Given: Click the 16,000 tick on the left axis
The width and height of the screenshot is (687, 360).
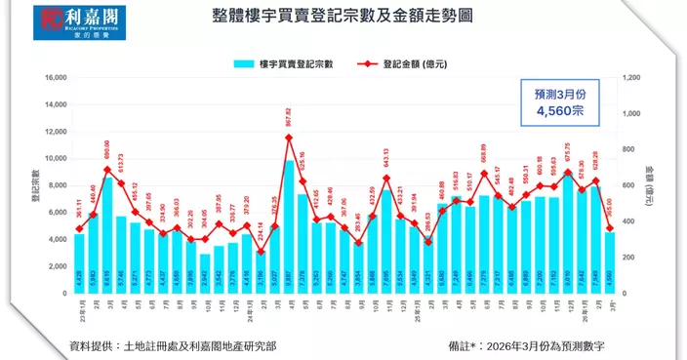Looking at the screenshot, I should (53, 78).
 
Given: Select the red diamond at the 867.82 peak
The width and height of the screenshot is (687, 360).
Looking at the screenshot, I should (289, 138).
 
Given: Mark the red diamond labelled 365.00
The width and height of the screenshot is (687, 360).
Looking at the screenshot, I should (610, 228).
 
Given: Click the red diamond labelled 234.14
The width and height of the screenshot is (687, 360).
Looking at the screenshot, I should (261, 252).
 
